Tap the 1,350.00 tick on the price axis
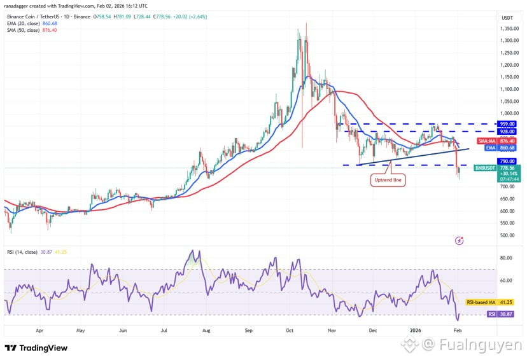[507, 28]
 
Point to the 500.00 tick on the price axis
[507, 236]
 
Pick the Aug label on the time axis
[206, 331]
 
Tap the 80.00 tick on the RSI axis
[507, 258]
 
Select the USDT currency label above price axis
[507, 18]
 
